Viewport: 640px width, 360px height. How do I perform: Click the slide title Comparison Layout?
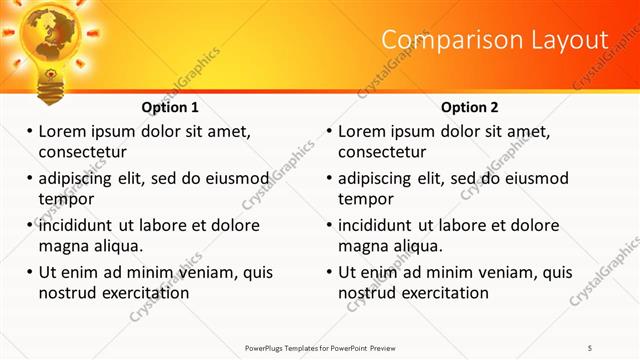[495, 40]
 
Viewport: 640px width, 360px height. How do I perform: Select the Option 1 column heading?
[170, 107]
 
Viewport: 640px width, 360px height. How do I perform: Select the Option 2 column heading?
[470, 107]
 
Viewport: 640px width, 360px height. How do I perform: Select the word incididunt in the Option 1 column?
[79, 225]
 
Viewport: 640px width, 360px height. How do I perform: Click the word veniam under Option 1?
[210, 272]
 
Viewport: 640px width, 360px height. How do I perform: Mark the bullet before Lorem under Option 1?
[30, 131]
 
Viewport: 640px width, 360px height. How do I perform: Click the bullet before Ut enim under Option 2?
[330, 272]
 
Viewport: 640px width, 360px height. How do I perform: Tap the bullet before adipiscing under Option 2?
[330, 178]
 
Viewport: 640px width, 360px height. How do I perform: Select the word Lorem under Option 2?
[361, 131]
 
